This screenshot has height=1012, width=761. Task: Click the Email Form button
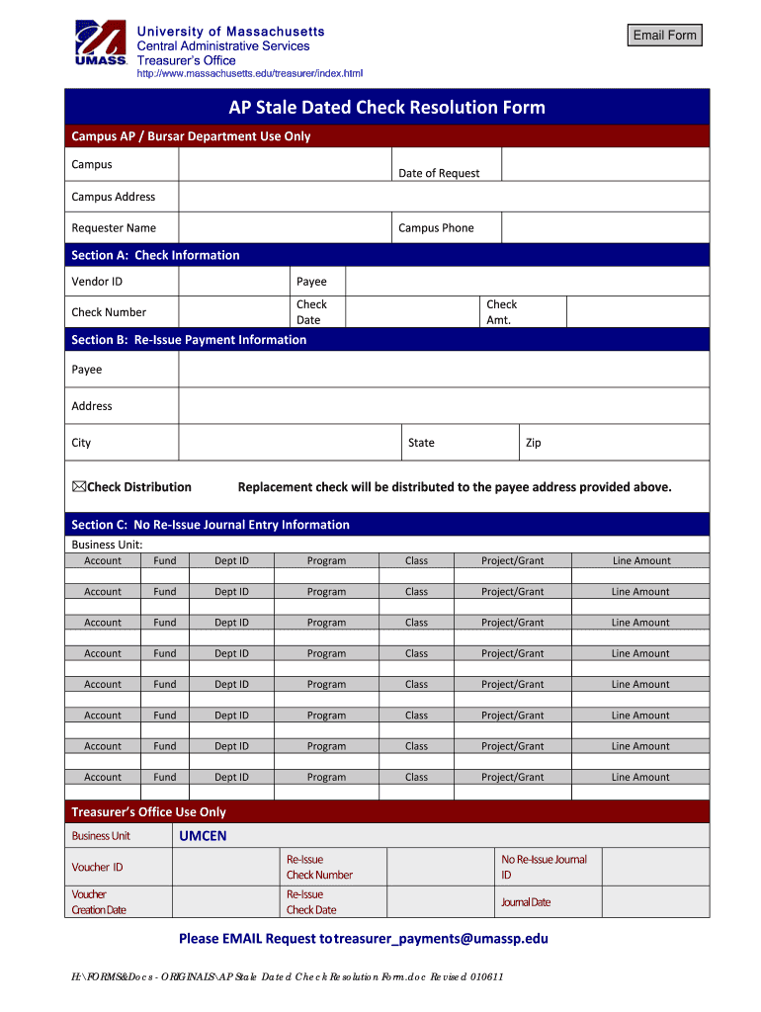tap(665, 36)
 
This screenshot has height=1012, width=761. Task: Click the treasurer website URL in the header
tap(249, 74)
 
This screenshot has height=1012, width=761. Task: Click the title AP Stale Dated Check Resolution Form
tap(386, 108)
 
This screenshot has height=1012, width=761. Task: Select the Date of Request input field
tap(605, 165)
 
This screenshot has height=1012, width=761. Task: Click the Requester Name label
tap(114, 228)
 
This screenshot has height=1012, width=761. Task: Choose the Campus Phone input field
tap(605, 228)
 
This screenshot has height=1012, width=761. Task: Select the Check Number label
tap(109, 312)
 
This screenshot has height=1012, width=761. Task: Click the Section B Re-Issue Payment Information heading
tap(189, 340)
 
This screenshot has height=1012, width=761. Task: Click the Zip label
tap(533, 443)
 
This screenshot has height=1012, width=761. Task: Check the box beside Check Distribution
tap(78, 486)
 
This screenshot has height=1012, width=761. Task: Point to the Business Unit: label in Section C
tap(107, 545)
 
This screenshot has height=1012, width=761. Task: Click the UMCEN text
tap(203, 836)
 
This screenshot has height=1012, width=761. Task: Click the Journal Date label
tap(526, 902)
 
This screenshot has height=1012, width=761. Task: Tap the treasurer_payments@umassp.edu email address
tap(443, 939)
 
